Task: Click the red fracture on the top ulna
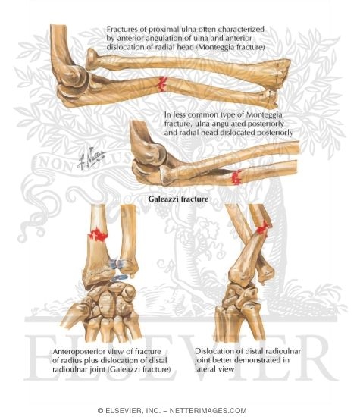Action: [161, 83]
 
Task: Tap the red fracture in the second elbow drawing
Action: [236, 177]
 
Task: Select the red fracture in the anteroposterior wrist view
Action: [98, 235]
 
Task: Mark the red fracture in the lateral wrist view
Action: [264, 228]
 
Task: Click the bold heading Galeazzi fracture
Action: [178, 199]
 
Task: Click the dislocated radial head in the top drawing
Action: [92, 59]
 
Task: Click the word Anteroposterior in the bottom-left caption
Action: [80, 352]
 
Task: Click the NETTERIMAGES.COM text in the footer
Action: [208, 410]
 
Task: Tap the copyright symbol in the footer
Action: [100, 410]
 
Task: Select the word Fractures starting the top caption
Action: [121, 30]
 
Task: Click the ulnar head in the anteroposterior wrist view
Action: [128, 268]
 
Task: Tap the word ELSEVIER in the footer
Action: [123, 410]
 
